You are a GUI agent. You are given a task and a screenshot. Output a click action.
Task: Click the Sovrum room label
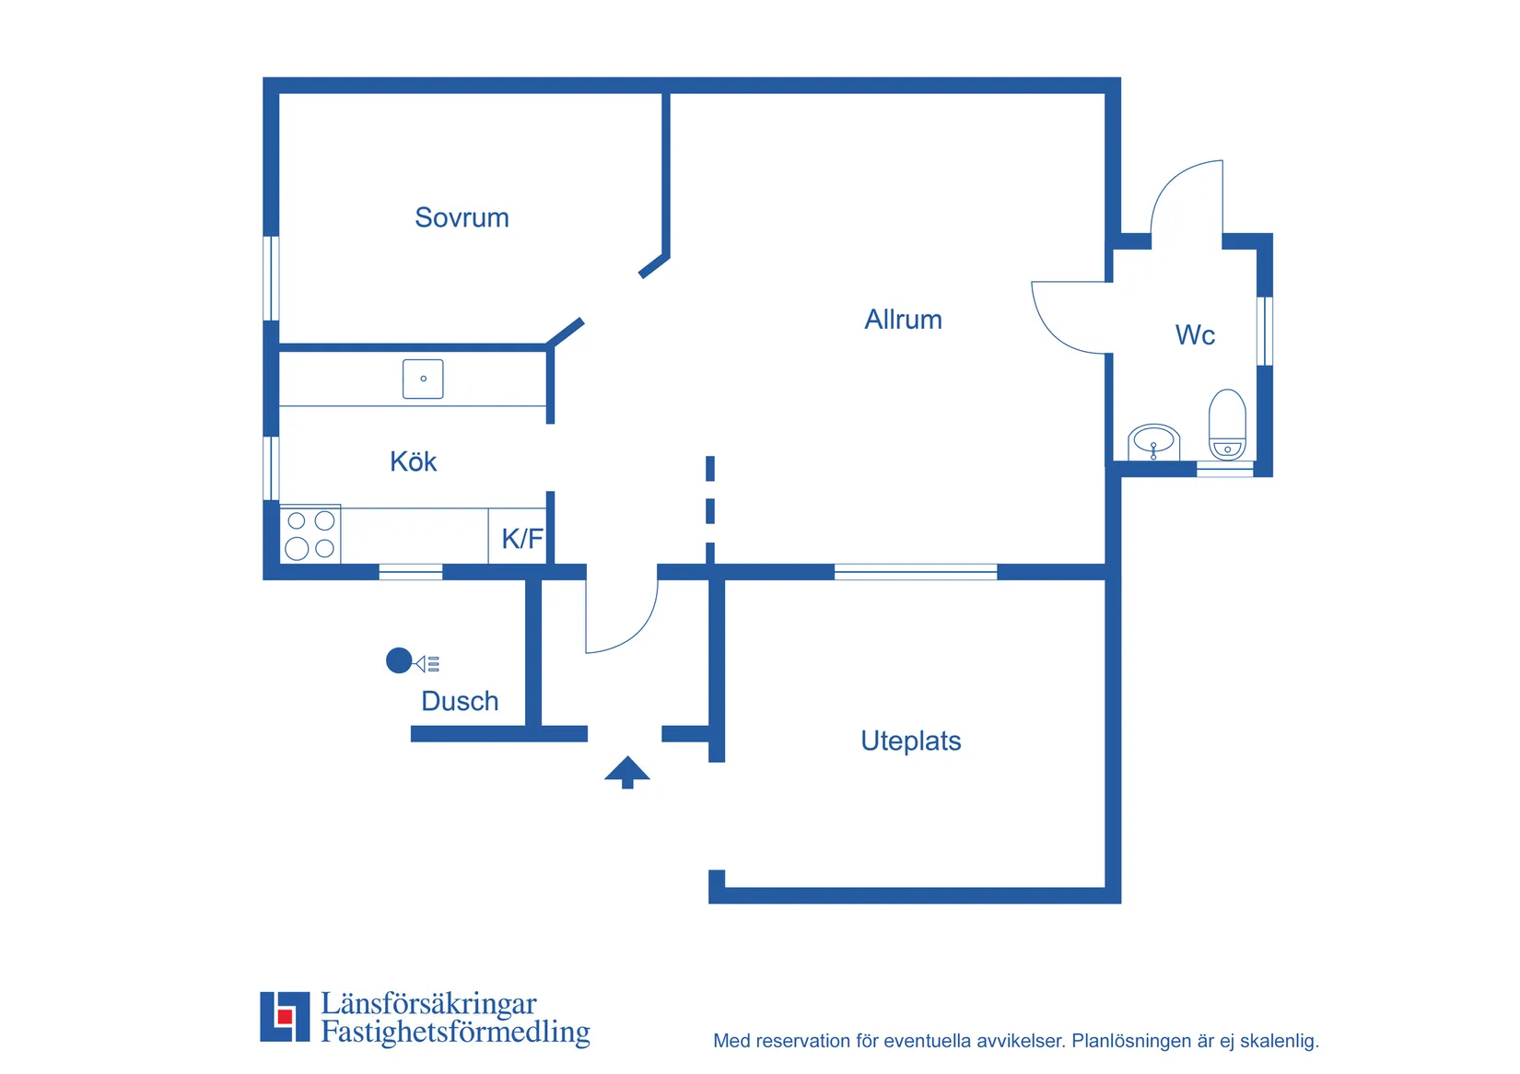tap(462, 217)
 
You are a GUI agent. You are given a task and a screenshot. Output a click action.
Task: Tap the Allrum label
tap(904, 320)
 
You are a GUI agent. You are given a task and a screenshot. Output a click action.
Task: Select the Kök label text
tap(414, 461)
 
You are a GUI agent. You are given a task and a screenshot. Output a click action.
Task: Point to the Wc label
tap(1196, 335)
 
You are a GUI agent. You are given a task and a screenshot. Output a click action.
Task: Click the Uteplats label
tap(911, 741)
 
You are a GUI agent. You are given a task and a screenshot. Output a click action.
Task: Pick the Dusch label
tap(460, 701)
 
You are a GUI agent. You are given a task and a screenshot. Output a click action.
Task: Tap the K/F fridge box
tap(518, 536)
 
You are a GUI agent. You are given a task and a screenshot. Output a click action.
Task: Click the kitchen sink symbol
tap(424, 379)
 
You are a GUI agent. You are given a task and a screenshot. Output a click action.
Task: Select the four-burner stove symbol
tap(310, 534)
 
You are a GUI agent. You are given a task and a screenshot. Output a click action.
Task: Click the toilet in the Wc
tap(1228, 425)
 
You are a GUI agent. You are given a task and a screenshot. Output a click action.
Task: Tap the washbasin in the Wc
tap(1154, 443)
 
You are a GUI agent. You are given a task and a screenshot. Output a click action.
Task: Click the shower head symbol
tap(412, 661)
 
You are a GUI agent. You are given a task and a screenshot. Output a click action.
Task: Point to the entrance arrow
tap(627, 773)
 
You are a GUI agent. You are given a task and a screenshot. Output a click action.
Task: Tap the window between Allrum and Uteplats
tap(916, 572)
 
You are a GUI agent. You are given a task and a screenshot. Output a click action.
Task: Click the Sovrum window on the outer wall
tap(272, 278)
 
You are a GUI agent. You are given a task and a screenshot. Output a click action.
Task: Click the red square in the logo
tap(285, 1016)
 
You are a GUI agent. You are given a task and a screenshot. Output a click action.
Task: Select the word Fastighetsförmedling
tap(455, 1032)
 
